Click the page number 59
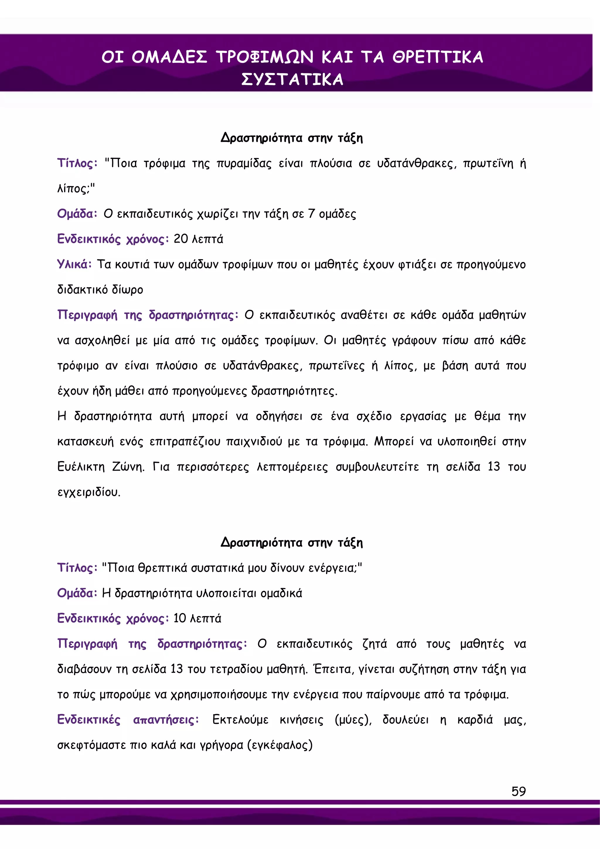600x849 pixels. (518, 791)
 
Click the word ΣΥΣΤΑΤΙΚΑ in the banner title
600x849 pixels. (292, 79)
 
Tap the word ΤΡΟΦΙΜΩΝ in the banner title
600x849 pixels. (265, 57)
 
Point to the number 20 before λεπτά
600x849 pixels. (181, 239)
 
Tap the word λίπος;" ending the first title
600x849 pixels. (76, 188)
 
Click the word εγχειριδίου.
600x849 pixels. (89, 492)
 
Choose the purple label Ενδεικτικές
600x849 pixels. (89, 719)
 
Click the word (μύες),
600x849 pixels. (353, 719)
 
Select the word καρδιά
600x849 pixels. (475, 719)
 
